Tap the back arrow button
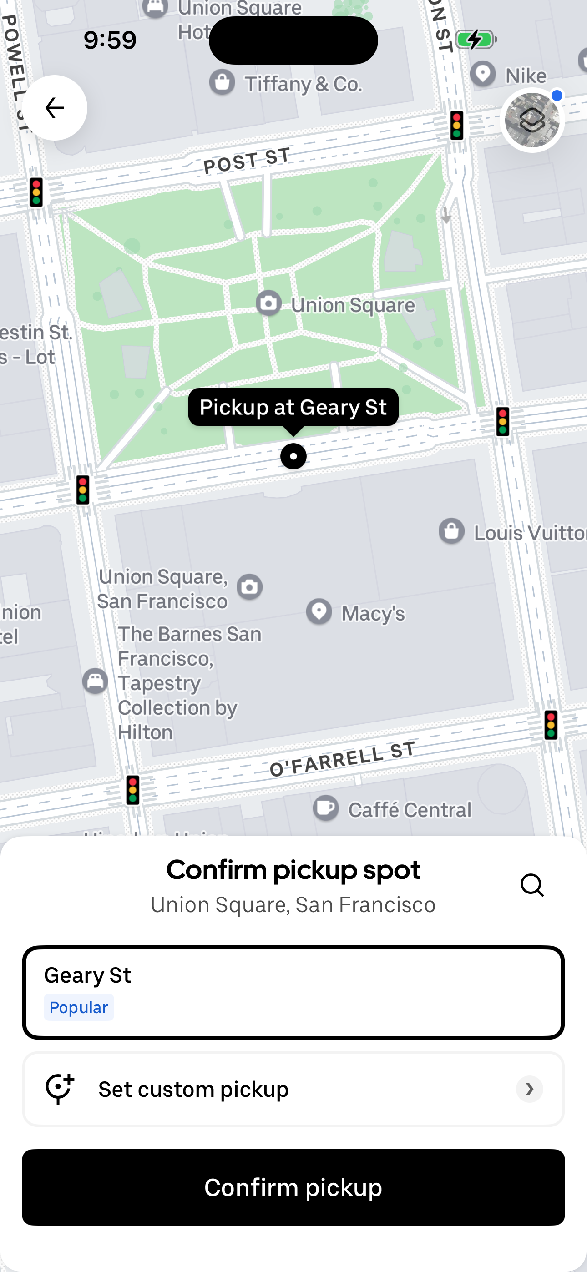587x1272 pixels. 54,108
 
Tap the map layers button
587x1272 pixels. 531,120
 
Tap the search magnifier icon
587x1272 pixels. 531,885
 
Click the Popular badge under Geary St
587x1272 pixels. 79,1007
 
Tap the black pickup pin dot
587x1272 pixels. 293,456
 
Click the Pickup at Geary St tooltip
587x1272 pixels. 293,407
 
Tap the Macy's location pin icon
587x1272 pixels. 319,611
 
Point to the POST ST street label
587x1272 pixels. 247,161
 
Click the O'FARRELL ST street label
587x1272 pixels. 342,759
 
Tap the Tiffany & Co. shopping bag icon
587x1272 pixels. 222,82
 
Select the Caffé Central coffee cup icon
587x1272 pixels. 326,808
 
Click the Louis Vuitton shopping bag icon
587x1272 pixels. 451,531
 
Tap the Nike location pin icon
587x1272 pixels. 483,74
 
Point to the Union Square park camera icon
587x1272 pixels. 269,303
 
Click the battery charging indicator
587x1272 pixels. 476,40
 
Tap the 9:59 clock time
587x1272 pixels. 110,40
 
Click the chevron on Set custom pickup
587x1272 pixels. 529,1089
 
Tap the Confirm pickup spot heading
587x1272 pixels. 293,870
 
